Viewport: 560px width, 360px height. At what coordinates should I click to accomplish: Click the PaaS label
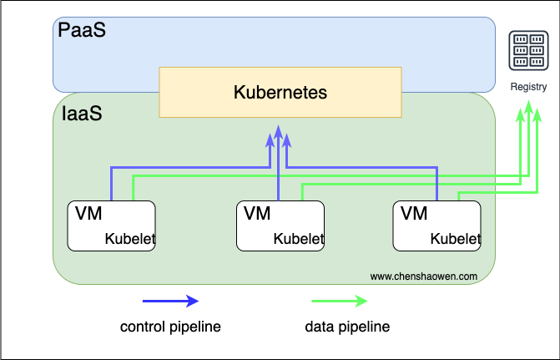coord(82,30)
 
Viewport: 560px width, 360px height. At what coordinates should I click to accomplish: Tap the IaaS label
coord(82,114)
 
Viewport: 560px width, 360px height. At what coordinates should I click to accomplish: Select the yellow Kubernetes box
coord(280,92)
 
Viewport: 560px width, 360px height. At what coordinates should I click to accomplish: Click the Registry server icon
coord(528,50)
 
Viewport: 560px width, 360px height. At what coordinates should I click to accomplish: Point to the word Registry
coord(528,87)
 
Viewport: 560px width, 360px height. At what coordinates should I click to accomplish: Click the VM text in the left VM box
coord(88,214)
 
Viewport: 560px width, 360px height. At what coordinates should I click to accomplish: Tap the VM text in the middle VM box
coord(257,214)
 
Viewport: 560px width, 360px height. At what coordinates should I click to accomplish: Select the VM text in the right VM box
coord(414,214)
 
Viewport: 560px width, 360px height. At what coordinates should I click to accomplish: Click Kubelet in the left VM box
coord(130,239)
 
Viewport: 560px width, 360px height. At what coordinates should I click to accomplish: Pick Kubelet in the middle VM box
coord(299,239)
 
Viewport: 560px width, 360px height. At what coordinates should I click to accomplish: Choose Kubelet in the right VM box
coord(456,239)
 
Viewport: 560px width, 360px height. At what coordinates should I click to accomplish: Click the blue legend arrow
coord(171,301)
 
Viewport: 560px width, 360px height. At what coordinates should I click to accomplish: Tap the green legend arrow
coord(340,301)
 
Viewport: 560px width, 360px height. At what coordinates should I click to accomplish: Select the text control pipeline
coord(170,327)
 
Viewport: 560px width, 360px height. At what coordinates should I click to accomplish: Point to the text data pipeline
coord(347,327)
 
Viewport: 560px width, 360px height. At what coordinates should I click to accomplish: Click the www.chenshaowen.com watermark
coord(424,276)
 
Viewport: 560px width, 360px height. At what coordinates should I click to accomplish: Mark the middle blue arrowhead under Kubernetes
coord(279,132)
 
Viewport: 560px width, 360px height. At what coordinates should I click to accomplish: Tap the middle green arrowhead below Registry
coord(528,107)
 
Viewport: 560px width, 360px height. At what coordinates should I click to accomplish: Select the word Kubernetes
coord(280,92)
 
